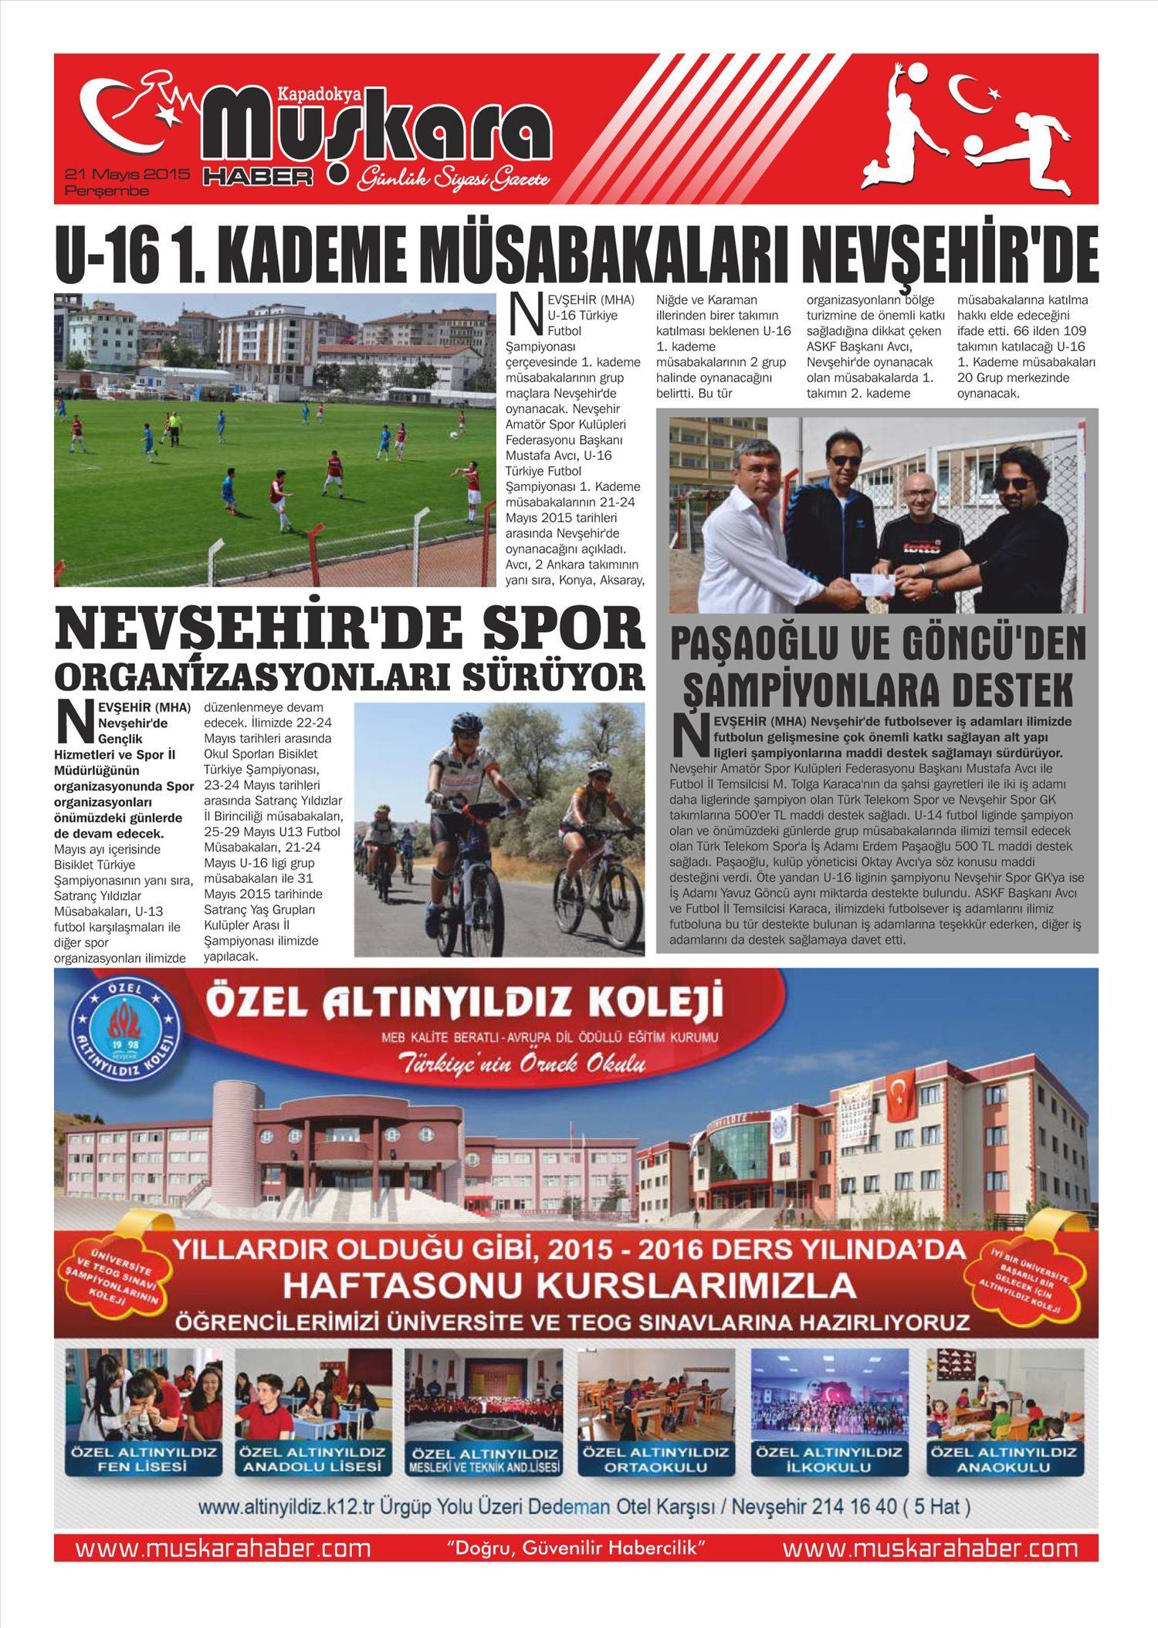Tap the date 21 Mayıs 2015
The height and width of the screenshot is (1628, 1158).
[127, 174]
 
